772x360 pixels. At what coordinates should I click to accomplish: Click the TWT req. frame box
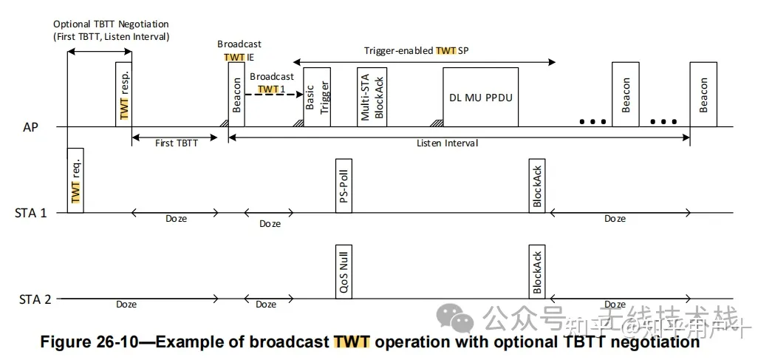[x=75, y=180]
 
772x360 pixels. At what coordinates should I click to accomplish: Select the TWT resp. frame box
[x=123, y=94]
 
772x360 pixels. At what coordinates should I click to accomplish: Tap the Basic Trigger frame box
[x=316, y=97]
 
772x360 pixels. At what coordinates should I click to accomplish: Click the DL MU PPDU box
[x=480, y=97]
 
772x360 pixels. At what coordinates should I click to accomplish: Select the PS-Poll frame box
[x=343, y=185]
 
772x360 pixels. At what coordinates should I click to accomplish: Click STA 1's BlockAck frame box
[x=537, y=185]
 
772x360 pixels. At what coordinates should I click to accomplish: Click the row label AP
[x=31, y=127]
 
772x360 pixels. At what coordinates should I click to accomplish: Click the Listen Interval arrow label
[x=447, y=143]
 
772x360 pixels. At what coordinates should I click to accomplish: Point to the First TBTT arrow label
[x=176, y=143]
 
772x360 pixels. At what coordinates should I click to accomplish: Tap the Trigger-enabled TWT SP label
[x=417, y=51]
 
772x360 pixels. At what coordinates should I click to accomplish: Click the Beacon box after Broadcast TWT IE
[x=236, y=94]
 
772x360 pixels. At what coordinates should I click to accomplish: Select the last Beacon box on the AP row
[x=703, y=94]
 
